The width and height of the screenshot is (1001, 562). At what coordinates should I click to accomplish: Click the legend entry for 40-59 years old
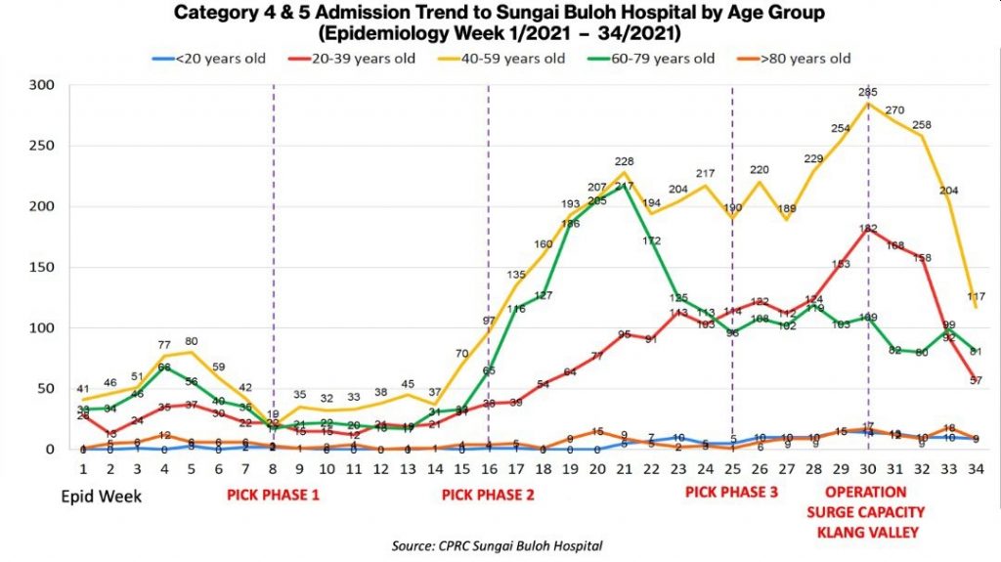click(x=519, y=59)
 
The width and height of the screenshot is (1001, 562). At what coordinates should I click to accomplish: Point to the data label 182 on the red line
click(x=866, y=229)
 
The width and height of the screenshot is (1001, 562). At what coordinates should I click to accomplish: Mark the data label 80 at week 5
click(x=192, y=342)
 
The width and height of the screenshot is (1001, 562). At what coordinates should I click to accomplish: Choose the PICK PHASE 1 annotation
click(x=274, y=495)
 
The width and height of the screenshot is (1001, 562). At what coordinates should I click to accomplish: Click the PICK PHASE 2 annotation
click(x=488, y=495)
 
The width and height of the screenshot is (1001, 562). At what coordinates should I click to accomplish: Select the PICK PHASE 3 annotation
click(x=732, y=492)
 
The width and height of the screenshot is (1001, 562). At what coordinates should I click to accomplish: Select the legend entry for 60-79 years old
click(x=668, y=59)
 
